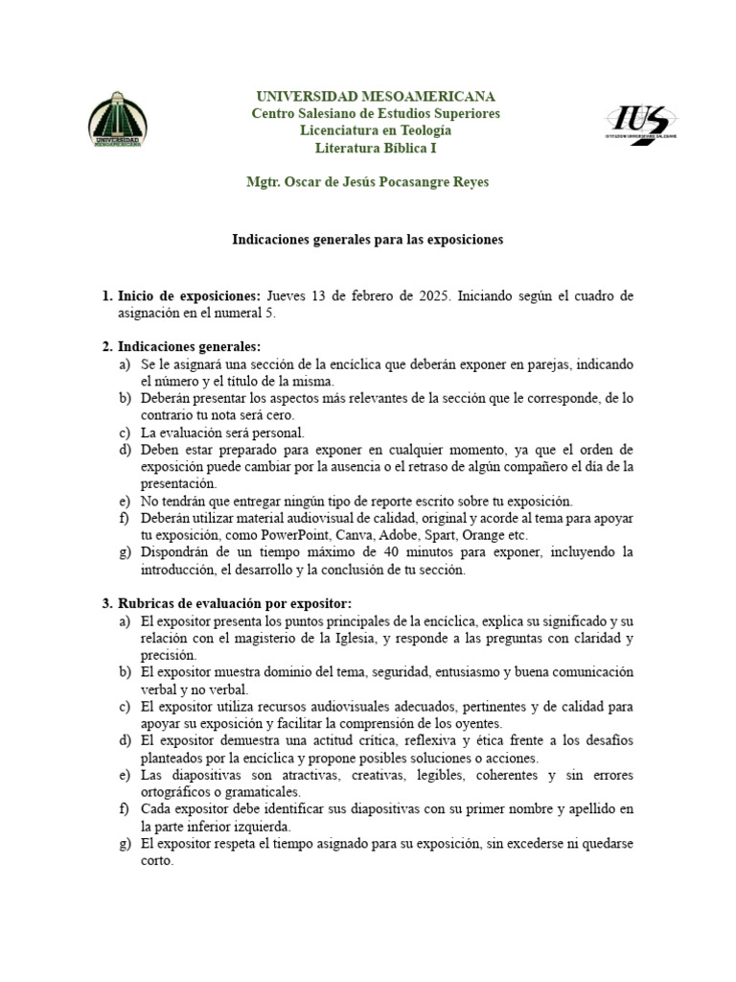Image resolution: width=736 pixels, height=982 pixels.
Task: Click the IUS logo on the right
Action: pyautogui.click(x=643, y=123)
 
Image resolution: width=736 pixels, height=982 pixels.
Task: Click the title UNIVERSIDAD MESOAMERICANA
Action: pyautogui.click(x=375, y=96)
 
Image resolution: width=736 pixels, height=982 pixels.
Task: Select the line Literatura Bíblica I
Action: pyautogui.click(x=375, y=148)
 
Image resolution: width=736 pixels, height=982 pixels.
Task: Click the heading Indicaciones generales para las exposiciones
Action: pyautogui.click(x=368, y=239)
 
